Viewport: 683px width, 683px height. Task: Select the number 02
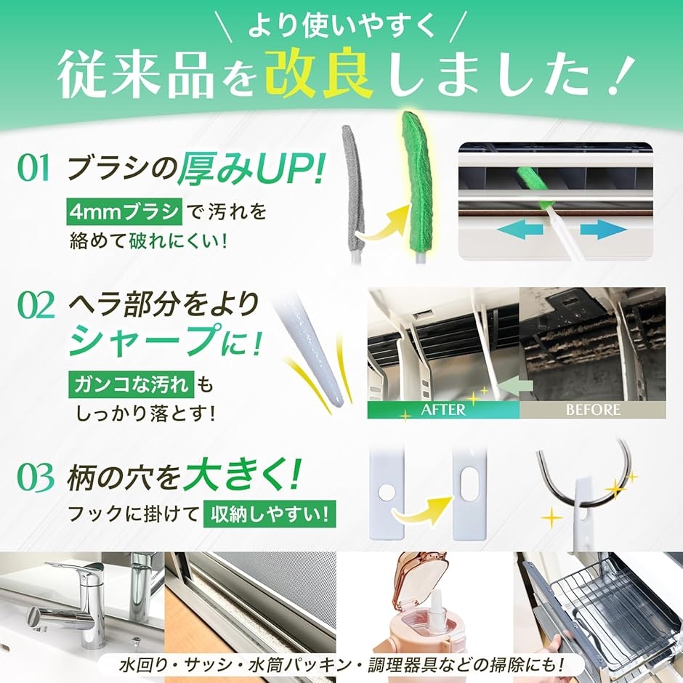(x=36, y=305)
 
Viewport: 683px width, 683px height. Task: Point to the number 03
(x=36, y=477)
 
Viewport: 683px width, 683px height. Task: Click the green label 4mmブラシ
(x=124, y=211)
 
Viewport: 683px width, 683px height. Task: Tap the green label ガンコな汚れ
(x=131, y=384)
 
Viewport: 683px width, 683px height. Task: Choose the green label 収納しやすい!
(x=269, y=514)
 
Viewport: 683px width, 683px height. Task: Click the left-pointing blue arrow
(x=520, y=229)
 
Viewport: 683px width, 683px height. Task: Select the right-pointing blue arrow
(x=603, y=229)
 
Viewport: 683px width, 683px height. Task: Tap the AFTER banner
(x=443, y=410)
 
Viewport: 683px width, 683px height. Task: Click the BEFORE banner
(x=593, y=410)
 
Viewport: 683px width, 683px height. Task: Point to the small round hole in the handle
(x=386, y=493)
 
